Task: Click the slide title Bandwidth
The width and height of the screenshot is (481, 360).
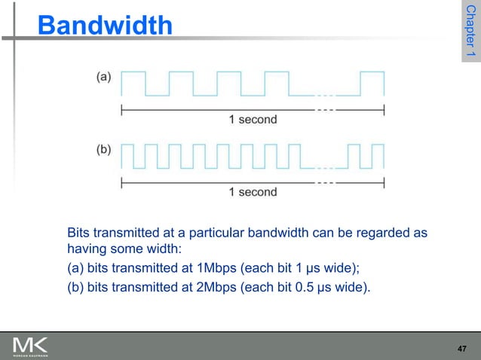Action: (105, 26)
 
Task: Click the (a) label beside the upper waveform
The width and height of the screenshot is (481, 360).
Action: (103, 76)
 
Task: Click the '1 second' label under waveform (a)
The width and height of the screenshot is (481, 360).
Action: (253, 119)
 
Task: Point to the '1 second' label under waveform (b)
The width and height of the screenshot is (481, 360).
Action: (253, 192)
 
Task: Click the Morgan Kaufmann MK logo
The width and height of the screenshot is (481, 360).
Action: (31, 347)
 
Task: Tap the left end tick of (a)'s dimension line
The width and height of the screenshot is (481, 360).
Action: (122, 110)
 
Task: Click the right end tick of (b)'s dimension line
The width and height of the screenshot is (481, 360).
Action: (384, 182)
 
